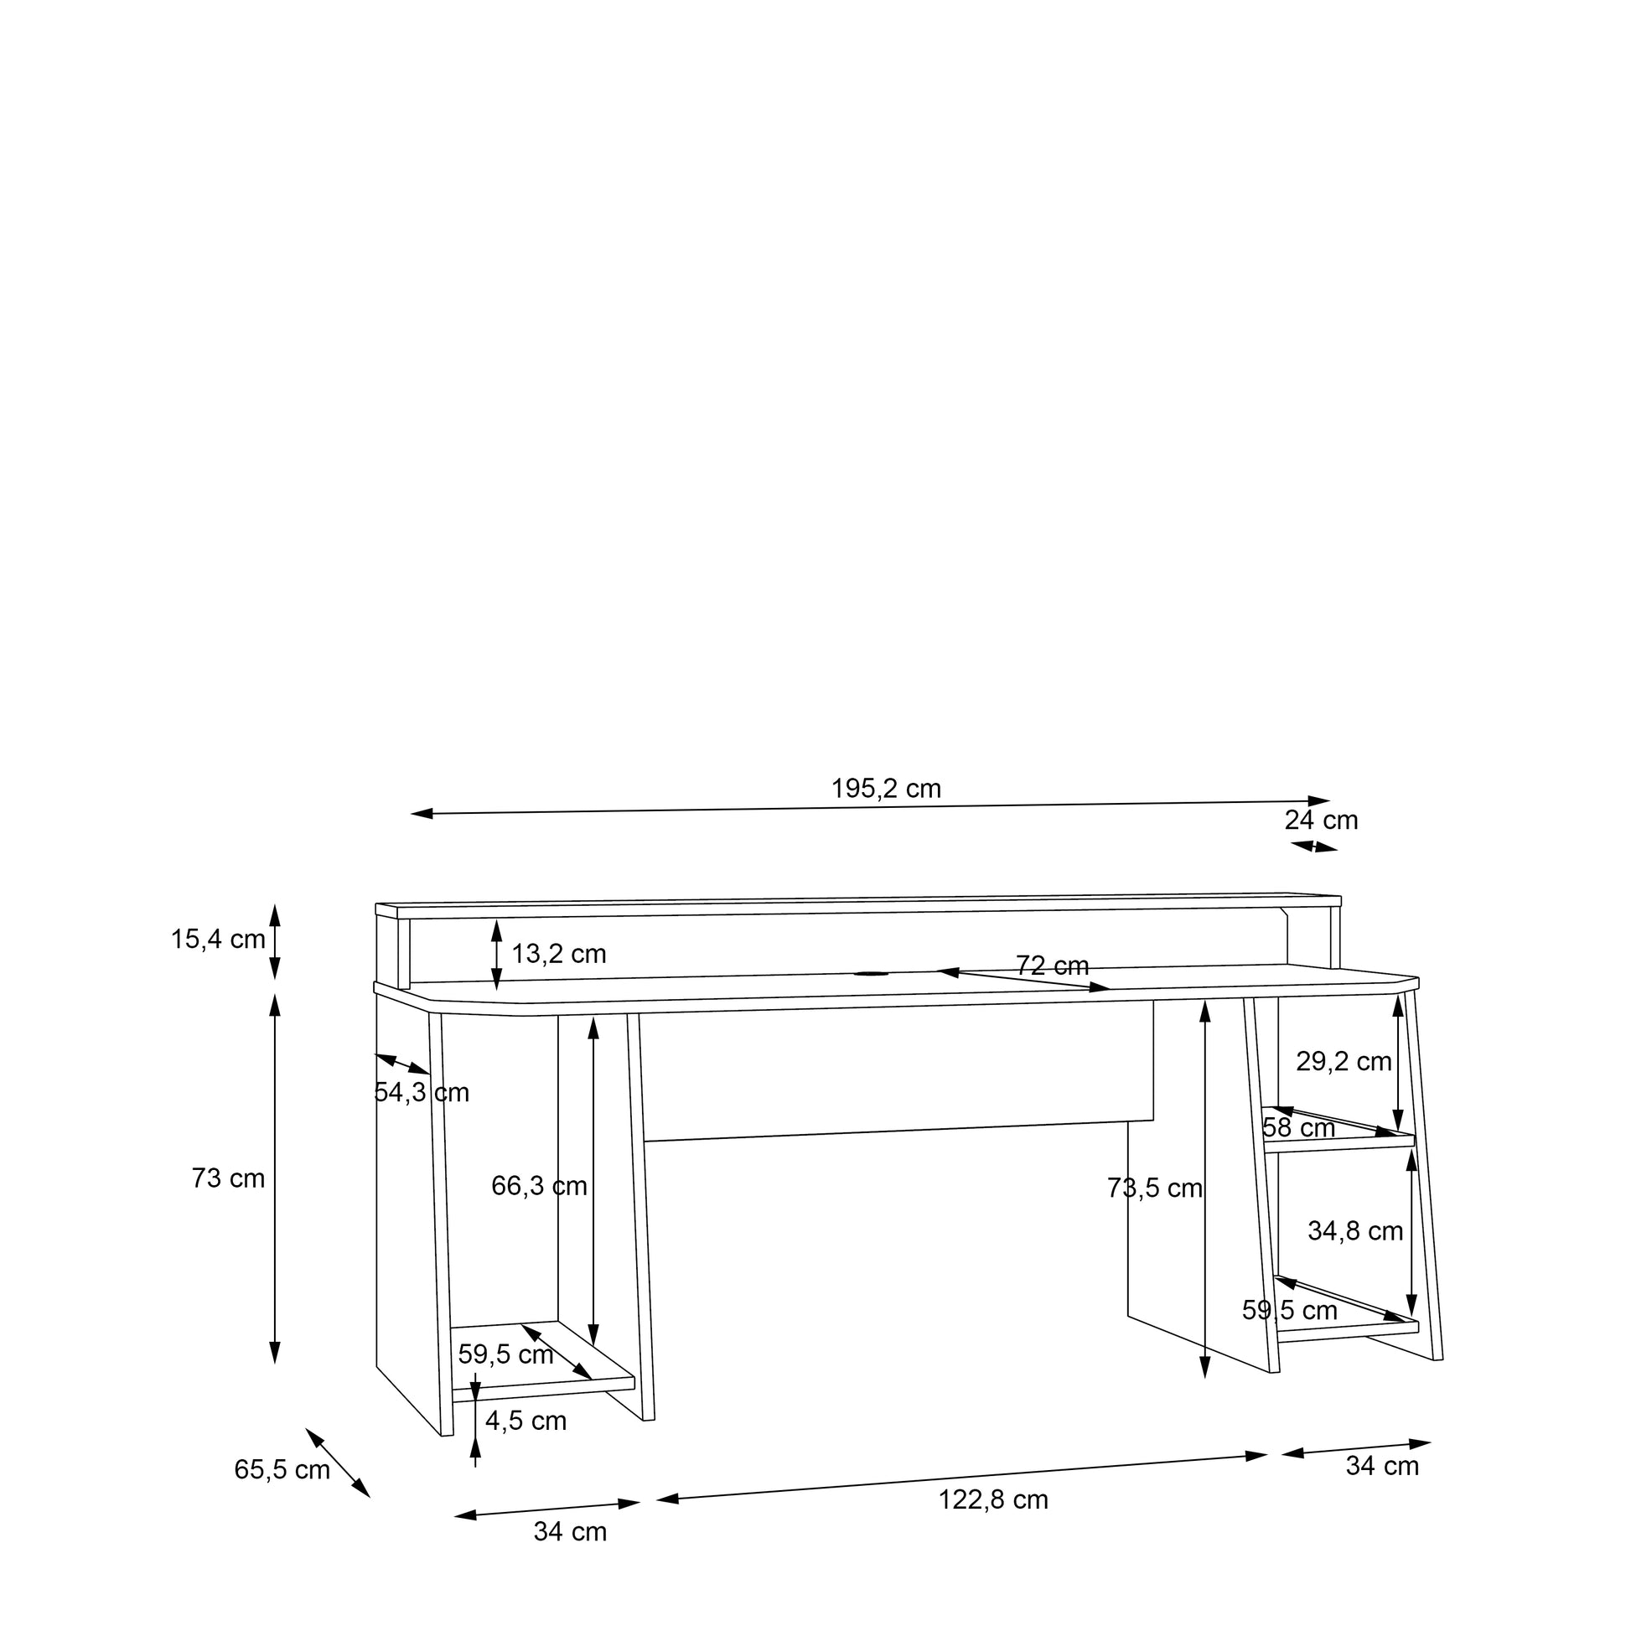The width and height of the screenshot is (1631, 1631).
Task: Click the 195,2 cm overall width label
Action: coord(886,789)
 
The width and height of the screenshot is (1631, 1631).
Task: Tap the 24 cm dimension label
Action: coord(1321,820)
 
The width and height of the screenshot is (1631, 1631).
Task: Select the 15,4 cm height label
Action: coord(218,939)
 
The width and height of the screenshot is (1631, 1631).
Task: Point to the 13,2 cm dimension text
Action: coord(559,954)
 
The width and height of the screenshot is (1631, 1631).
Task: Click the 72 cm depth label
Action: coord(1052,965)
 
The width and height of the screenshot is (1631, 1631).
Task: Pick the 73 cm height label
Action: coord(228,1178)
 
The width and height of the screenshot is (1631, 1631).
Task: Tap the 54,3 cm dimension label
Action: coord(422,1092)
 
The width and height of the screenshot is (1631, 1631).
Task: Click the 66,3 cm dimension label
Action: coord(539,1186)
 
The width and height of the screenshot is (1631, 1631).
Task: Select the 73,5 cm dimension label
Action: coord(1155,1188)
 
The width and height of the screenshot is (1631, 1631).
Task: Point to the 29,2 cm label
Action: coord(1344,1061)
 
